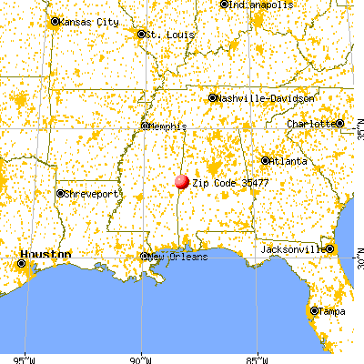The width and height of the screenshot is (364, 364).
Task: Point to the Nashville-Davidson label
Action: click(x=267, y=97)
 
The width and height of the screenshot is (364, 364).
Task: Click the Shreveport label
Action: click(x=91, y=194)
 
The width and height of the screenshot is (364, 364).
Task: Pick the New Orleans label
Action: click(x=179, y=257)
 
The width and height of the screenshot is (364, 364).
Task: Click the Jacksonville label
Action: click(x=292, y=248)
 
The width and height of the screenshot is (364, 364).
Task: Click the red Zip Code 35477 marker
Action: click(x=182, y=182)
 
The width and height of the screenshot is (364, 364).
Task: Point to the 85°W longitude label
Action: click(x=258, y=358)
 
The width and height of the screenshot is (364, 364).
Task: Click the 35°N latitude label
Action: click(x=358, y=134)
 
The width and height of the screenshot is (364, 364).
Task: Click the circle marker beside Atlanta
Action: click(x=265, y=161)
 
